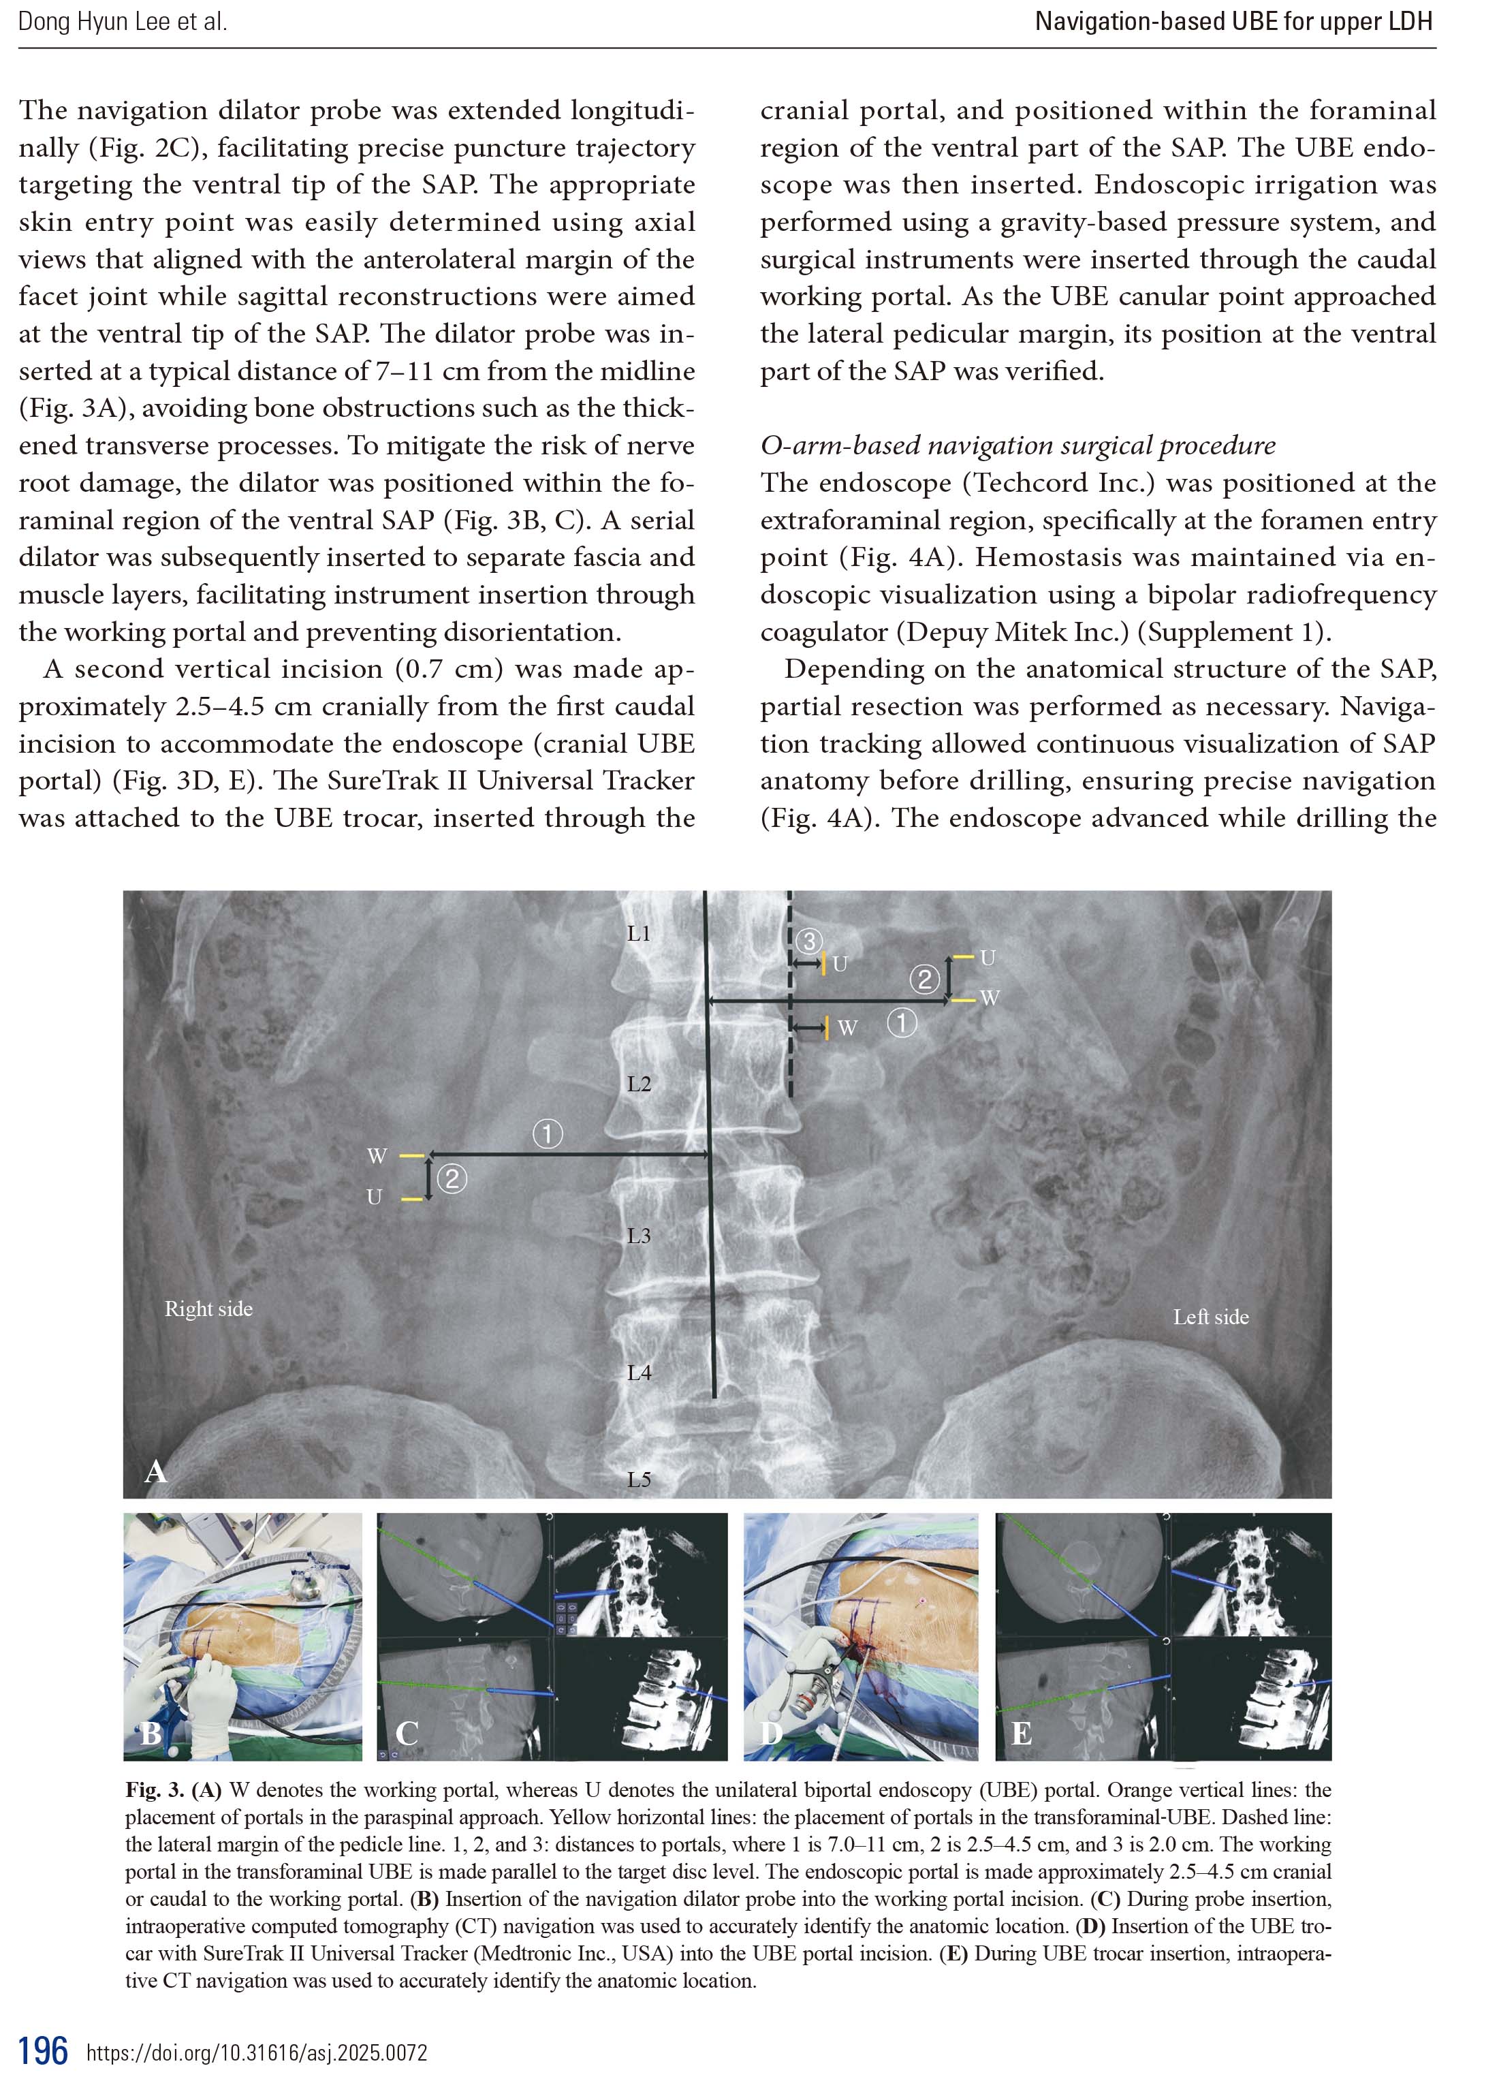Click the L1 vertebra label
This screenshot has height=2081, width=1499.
click(x=639, y=933)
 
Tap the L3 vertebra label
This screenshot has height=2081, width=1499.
click(x=639, y=1236)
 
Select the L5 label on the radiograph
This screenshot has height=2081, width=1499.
click(x=639, y=1479)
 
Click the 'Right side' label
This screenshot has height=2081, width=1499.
click(x=208, y=1309)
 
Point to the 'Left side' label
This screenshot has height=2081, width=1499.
click(x=1210, y=1317)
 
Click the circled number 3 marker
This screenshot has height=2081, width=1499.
click(x=808, y=941)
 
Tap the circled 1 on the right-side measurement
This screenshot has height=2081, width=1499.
click(x=548, y=1134)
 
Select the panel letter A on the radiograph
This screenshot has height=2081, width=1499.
click(x=155, y=1472)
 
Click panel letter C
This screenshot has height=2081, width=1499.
click(x=407, y=1732)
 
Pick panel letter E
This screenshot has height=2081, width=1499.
click(x=1020, y=1732)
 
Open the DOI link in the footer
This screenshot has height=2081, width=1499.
click(x=257, y=2052)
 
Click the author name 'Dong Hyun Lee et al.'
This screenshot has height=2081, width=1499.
click(x=122, y=22)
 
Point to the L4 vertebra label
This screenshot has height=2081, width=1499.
click(x=639, y=1373)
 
